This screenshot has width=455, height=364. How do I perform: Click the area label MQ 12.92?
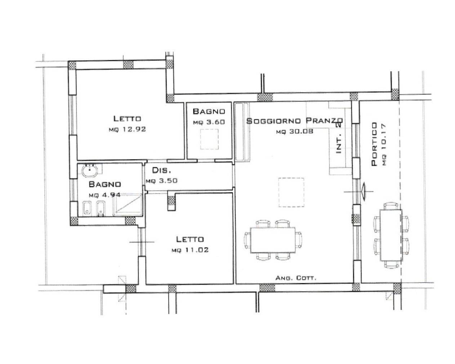tap(127, 129)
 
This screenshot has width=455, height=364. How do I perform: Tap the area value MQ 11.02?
tap(190, 250)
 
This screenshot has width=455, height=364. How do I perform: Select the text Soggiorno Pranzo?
tap(295, 121)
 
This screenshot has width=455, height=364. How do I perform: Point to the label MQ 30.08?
tap(295, 132)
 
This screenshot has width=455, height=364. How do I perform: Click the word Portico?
tap(374, 144)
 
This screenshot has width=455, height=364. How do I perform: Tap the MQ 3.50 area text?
tap(161, 181)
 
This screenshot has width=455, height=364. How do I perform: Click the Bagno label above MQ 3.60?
tap(209, 111)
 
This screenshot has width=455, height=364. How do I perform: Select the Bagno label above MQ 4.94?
tap(105, 184)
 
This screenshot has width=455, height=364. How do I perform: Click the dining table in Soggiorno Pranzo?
tap(273, 240)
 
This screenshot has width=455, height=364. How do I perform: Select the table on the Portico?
tap(391, 235)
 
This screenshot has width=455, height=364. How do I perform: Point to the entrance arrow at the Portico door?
tap(363, 192)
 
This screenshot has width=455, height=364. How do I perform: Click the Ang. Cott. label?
tap(296, 278)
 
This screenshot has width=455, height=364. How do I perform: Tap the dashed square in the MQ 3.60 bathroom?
tap(209, 139)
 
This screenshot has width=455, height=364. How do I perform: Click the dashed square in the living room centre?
tap(291, 192)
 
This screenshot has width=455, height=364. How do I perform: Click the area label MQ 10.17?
tap(384, 145)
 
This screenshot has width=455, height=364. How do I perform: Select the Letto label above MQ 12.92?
tap(127, 119)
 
